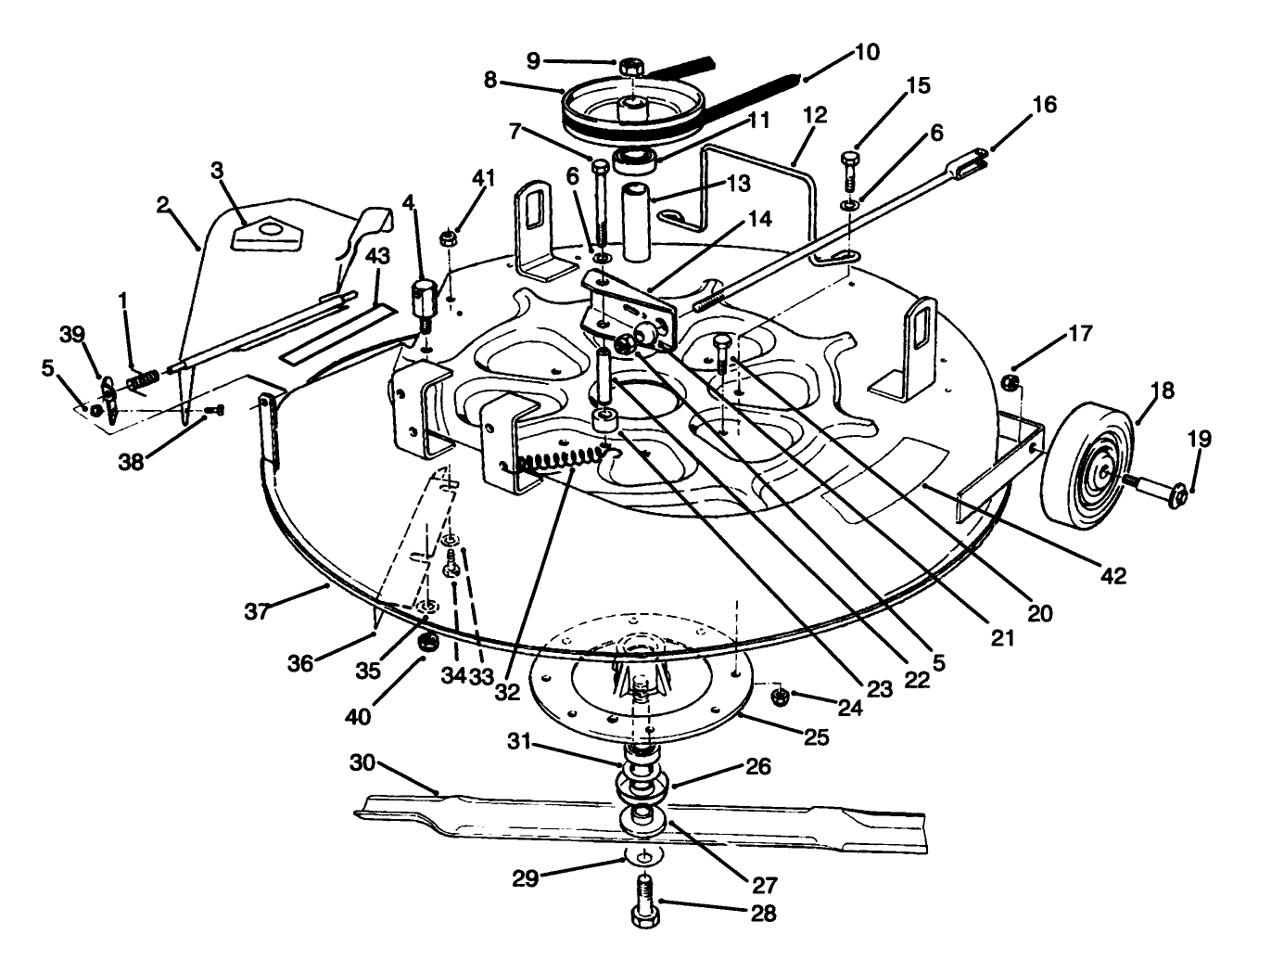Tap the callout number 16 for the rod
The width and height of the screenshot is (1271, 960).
(x=1044, y=105)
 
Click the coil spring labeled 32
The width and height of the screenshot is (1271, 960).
(x=561, y=458)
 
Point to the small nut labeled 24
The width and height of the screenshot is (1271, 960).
(x=782, y=696)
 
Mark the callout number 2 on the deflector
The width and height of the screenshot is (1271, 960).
(x=163, y=206)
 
